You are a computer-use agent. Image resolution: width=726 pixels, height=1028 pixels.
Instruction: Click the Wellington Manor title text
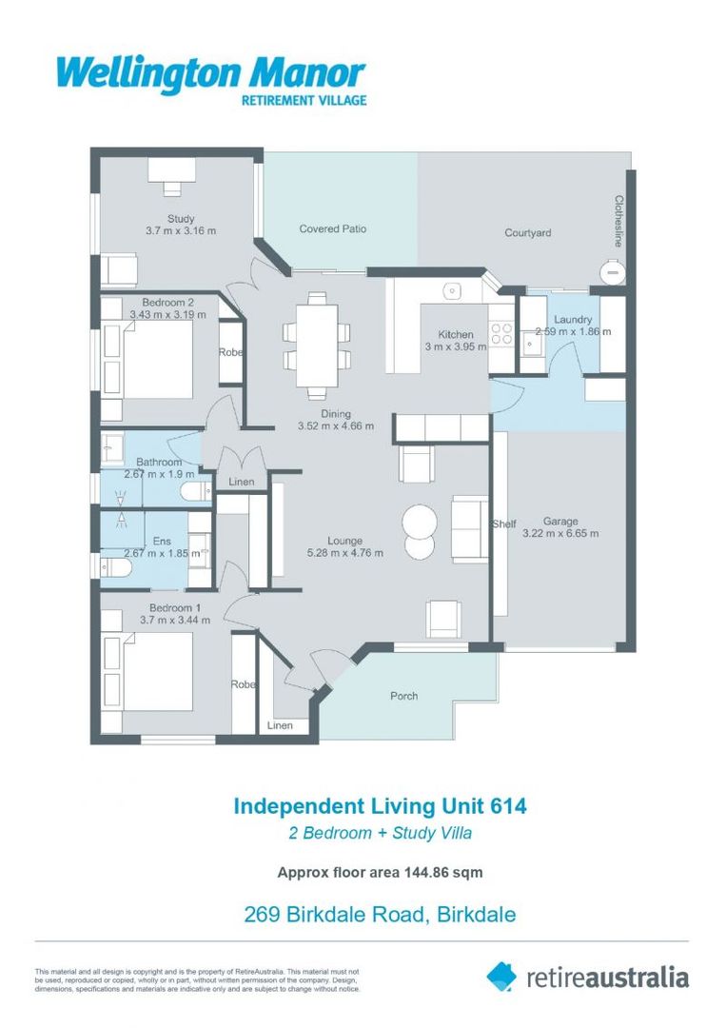click(x=210, y=74)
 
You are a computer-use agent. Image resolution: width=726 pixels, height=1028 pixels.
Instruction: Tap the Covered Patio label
click(x=332, y=229)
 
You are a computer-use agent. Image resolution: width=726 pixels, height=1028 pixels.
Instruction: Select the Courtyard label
click(x=527, y=233)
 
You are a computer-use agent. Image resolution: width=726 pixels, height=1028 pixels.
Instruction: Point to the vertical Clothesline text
click(x=618, y=221)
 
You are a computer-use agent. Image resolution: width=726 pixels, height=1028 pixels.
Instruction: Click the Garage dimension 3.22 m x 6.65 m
click(x=559, y=534)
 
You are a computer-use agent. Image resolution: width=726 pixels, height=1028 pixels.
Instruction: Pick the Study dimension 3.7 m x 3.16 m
click(x=181, y=231)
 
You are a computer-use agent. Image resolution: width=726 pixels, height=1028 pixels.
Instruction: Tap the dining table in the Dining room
click(x=316, y=344)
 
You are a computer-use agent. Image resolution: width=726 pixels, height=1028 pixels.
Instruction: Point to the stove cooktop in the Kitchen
click(x=500, y=335)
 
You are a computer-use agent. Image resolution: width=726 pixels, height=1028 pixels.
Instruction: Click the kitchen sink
click(x=454, y=290)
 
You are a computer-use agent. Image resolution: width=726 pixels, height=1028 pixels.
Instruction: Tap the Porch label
click(x=404, y=696)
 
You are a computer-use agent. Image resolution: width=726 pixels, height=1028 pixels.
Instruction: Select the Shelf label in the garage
click(x=503, y=524)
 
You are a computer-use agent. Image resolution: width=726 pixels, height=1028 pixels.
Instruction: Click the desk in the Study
click(x=171, y=171)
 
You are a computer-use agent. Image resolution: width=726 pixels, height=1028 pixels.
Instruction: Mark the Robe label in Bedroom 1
click(x=243, y=684)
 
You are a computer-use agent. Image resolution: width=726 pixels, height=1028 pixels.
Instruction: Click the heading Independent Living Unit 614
click(x=380, y=806)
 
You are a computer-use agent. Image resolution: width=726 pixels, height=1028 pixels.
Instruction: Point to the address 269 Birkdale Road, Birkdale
click(x=380, y=916)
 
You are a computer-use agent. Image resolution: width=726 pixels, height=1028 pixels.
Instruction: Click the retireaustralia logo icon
click(x=500, y=976)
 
